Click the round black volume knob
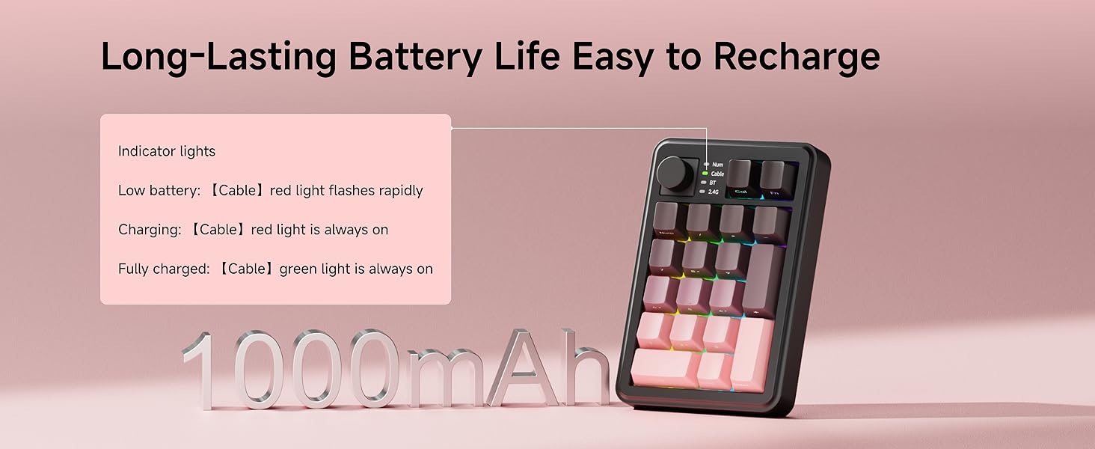[x=675, y=175]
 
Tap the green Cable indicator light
[x=705, y=174]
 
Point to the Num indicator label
[x=717, y=164]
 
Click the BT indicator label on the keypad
[x=713, y=183]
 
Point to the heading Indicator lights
[x=167, y=151]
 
